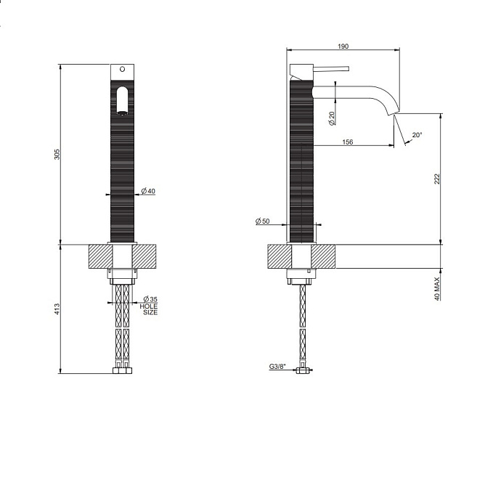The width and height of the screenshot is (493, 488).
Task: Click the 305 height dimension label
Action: pyautogui.click(x=57, y=154)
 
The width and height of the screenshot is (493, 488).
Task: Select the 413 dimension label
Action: pyautogui.click(x=57, y=309)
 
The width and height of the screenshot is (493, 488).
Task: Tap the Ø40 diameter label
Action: pyautogui.click(x=148, y=191)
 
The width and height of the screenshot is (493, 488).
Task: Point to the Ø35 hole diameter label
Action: pyautogui.click(x=150, y=299)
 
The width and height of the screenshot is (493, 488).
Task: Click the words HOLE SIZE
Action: pyautogui.click(x=149, y=309)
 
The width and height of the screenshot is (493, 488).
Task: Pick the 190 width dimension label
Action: pyautogui.click(x=343, y=46)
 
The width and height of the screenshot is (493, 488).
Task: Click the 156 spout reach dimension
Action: pyautogui.click(x=348, y=142)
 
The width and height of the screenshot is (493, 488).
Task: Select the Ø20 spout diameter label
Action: pyautogui.click(x=332, y=118)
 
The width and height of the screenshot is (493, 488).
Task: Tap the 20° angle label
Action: pyautogui.click(x=417, y=135)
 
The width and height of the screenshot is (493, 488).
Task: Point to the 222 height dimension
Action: pyautogui.click(x=437, y=179)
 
